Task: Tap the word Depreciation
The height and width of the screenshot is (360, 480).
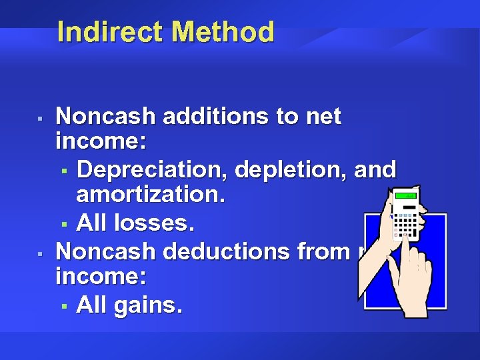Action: tap(153, 169)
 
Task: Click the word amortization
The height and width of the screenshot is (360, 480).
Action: tap(151, 197)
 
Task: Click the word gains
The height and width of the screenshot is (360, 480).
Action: tap(147, 306)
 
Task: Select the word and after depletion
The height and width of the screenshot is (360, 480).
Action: tap(375, 169)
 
